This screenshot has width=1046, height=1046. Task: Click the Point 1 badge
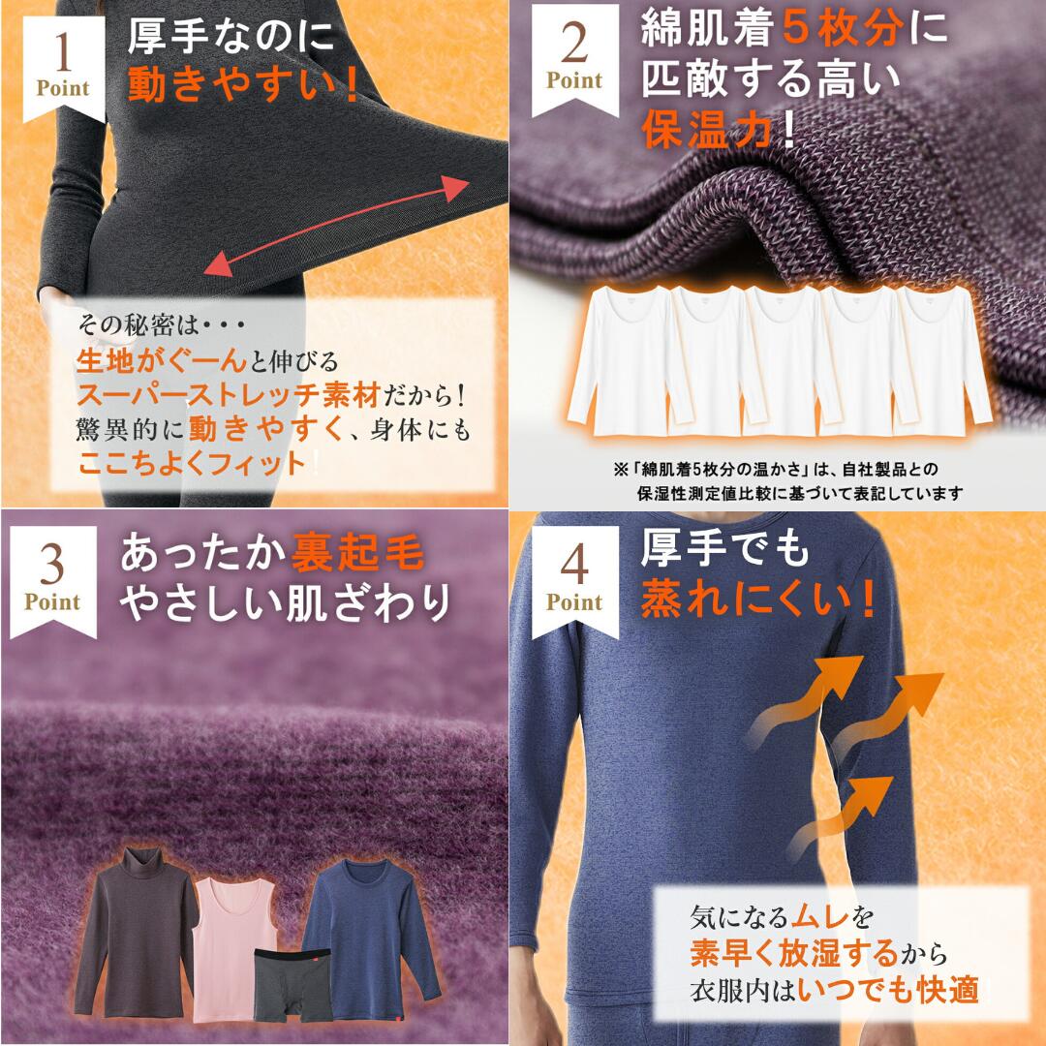point(63,67)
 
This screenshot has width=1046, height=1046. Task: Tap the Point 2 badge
point(574,59)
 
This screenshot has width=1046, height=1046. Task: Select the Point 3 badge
point(52,580)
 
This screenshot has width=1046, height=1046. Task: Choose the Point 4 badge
point(574,580)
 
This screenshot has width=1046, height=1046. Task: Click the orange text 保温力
point(707,129)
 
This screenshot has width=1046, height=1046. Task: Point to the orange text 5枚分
point(843,29)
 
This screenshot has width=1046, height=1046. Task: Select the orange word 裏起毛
point(356,553)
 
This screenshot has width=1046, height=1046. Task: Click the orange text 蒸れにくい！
point(758,599)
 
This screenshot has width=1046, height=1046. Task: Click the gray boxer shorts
point(292,985)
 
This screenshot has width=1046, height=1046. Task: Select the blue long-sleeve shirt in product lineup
point(371,938)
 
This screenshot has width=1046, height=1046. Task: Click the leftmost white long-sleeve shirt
point(621,360)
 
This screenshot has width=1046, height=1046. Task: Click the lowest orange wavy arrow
point(842,817)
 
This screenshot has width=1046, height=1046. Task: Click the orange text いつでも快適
point(888,989)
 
